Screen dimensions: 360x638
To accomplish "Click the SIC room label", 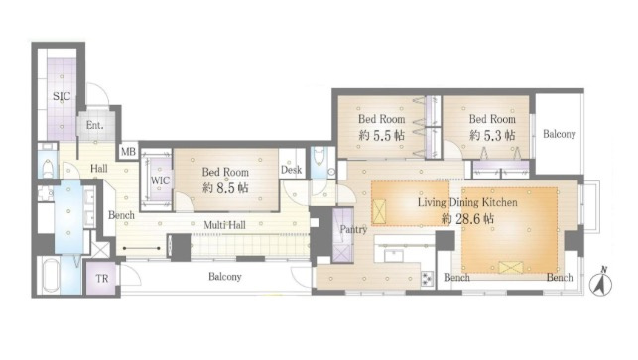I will click(60, 96).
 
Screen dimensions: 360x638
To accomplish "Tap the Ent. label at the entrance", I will click(95, 126).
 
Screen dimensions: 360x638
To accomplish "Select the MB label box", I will click(127, 152).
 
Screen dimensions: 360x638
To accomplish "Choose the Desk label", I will click(291, 170).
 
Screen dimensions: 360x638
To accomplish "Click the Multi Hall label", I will click(226, 226).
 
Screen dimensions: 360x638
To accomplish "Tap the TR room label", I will click(103, 279).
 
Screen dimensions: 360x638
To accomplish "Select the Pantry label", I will click(354, 230).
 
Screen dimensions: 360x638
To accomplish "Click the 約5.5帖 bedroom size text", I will click(382, 135).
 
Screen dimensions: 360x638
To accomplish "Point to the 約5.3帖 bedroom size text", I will click(492, 135).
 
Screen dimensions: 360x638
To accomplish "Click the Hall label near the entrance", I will click(99, 170).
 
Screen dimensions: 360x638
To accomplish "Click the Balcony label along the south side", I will click(224, 278).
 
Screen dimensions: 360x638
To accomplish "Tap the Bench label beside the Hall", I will click(121, 215).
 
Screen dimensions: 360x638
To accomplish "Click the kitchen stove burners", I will click(427, 277).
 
